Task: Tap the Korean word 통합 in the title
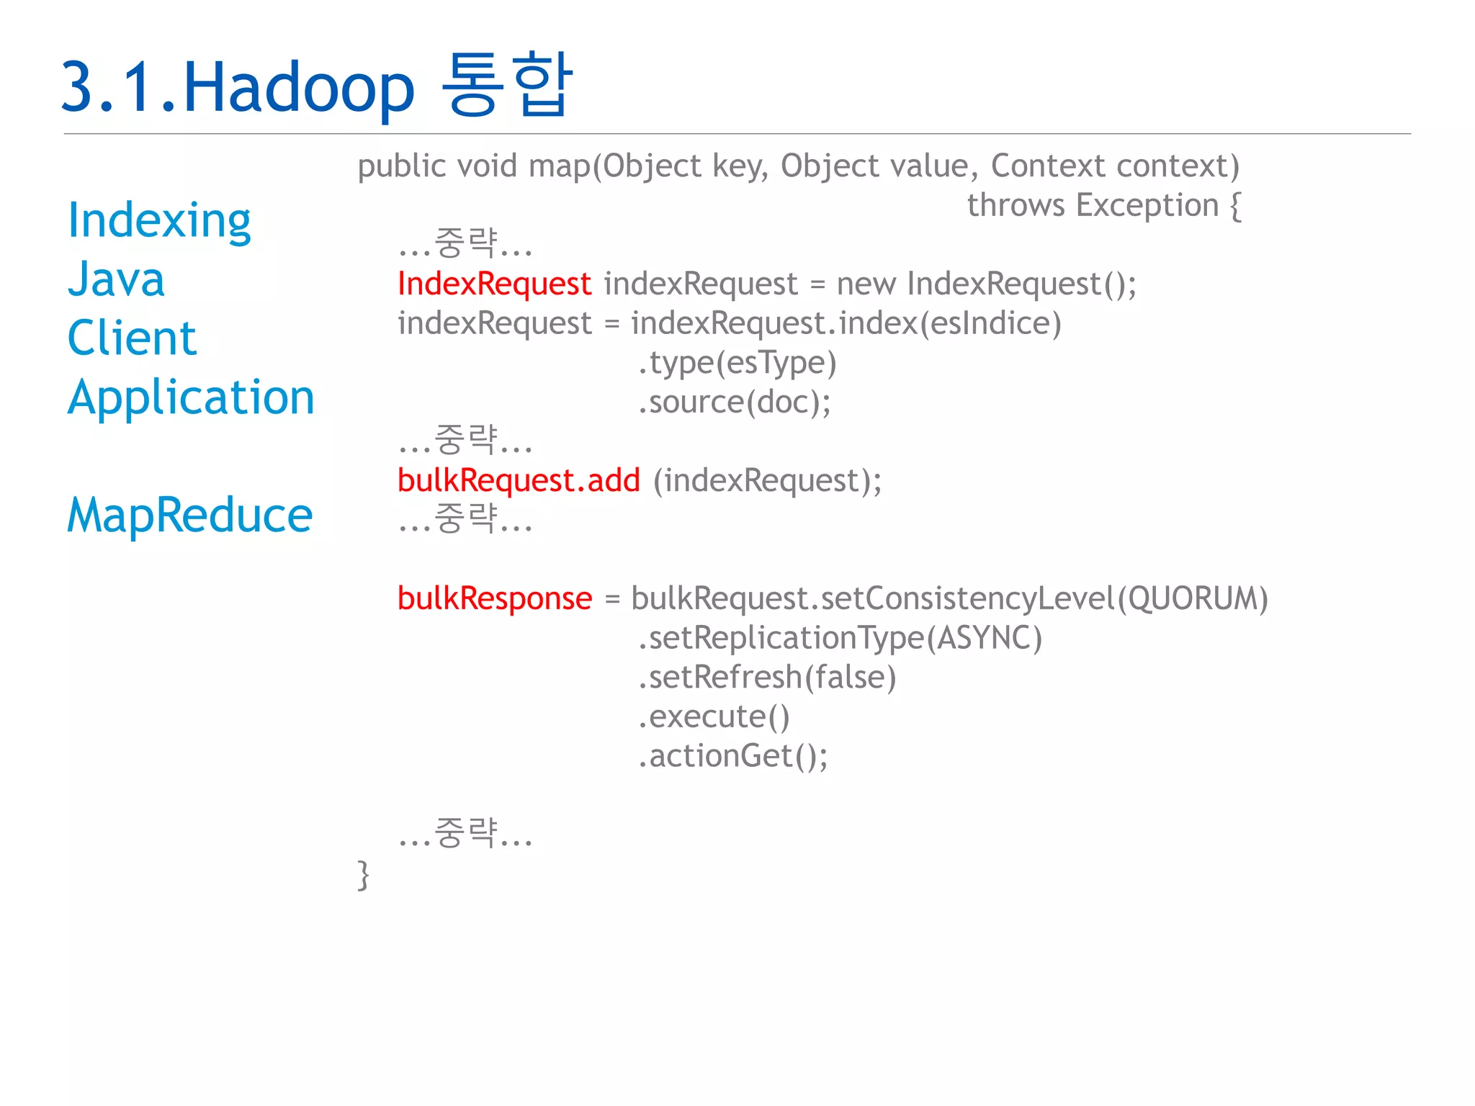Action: (x=507, y=85)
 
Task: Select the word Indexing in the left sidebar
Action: (x=159, y=220)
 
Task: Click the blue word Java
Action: (x=116, y=279)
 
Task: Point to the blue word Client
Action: (x=132, y=338)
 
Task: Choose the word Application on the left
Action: (x=191, y=397)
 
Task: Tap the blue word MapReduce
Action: (x=189, y=516)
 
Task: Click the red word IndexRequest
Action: (x=494, y=284)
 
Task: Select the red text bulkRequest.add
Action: (x=519, y=480)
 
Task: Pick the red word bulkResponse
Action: (x=495, y=598)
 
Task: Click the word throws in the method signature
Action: (x=1016, y=205)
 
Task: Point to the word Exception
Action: (x=1147, y=205)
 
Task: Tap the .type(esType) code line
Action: (x=737, y=363)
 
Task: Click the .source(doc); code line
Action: (x=734, y=402)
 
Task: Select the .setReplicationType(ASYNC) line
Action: (x=840, y=638)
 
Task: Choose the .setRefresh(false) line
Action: (x=767, y=678)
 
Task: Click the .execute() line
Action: (x=714, y=716)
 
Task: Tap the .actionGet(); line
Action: (x=732, y=756)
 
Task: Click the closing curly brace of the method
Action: (x=364, y=875)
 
